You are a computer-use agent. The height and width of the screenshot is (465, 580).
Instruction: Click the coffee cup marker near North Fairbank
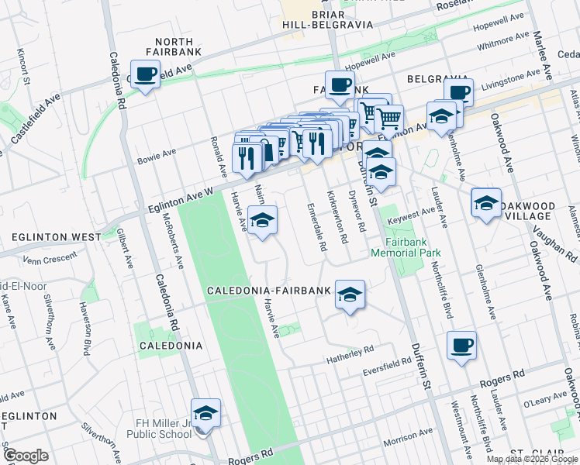point(145,75)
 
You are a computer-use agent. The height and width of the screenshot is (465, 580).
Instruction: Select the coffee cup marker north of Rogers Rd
point(462,346)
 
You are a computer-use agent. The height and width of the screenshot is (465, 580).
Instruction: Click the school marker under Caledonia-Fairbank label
point(350,294)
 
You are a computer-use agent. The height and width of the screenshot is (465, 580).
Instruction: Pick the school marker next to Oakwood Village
point(486,204)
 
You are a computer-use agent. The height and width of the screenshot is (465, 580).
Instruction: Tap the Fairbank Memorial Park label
point(406,247)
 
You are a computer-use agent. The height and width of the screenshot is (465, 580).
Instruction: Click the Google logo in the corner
point(26,456)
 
